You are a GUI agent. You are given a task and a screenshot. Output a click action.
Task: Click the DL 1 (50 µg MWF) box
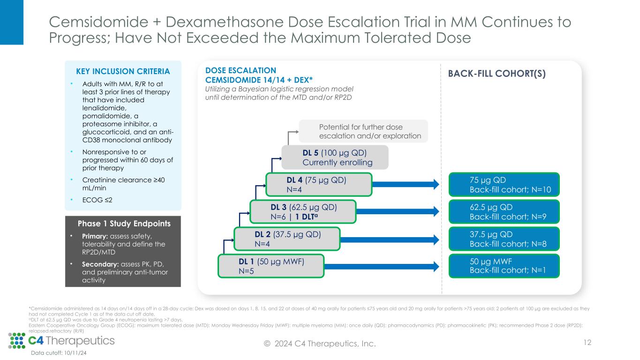point(271,266)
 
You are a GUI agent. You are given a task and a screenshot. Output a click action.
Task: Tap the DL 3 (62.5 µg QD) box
point(303,211)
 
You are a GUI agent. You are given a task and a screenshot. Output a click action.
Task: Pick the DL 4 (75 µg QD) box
point(319,184)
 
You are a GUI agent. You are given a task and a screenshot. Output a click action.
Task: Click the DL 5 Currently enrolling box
point(335,157)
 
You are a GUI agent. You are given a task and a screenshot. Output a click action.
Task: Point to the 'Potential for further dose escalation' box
point(363,131)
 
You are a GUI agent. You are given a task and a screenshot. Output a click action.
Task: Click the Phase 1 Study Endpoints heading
point(123,224)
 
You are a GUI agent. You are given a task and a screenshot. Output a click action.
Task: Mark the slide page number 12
point(587,343)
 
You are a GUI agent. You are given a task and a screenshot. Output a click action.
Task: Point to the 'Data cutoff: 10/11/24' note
point(59,353)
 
